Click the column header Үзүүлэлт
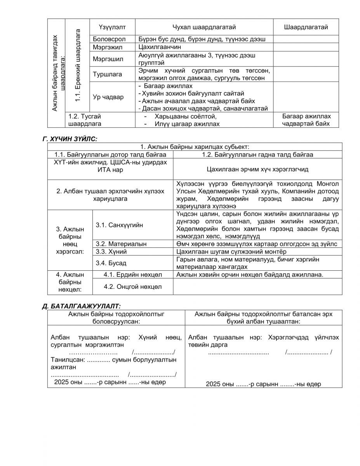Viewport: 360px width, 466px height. [x=111, y=27]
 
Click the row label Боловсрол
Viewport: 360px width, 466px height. [x=108, y=39]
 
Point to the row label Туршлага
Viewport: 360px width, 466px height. [x=107, y=74]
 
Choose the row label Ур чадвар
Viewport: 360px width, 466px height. [x=108, y=97]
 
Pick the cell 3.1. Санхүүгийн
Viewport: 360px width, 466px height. [x=119, y=225]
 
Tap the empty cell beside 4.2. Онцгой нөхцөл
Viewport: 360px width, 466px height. [x=257, y=287]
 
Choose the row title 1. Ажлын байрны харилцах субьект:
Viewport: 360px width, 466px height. [x=195, y=146]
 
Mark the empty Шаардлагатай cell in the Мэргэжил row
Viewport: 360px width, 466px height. [x=306, y=47]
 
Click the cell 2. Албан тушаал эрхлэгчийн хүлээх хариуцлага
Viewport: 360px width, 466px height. [x=110, y=195]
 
